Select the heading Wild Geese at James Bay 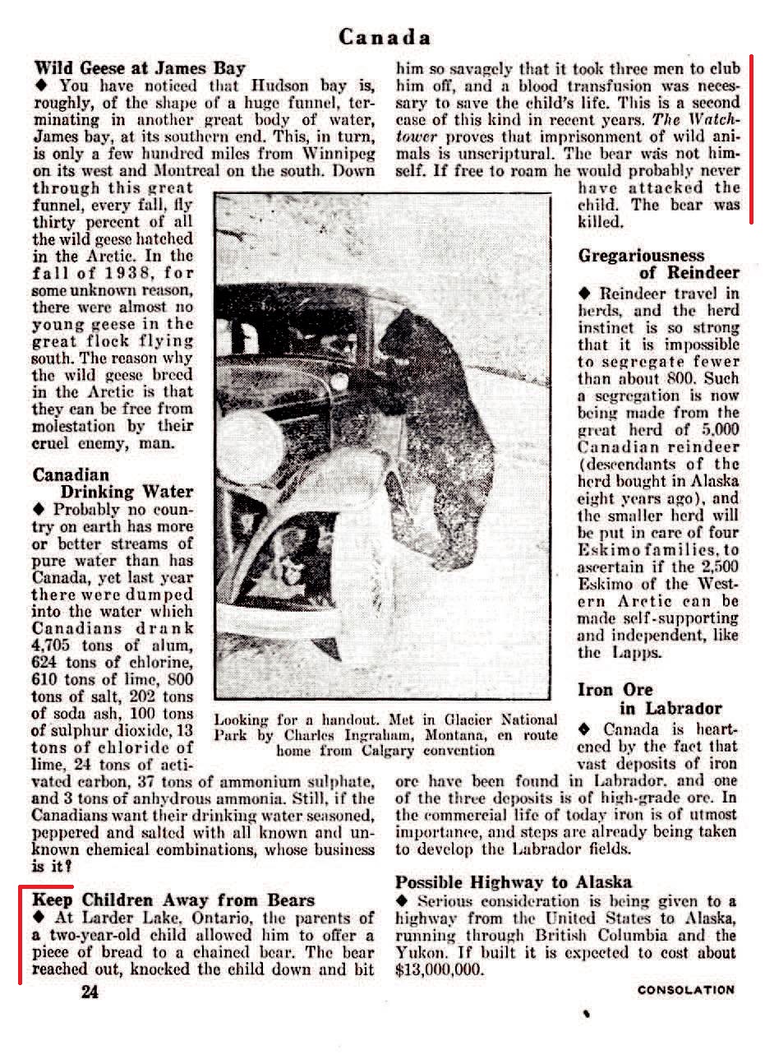tap(140, 68)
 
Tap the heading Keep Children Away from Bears tap(174, 900)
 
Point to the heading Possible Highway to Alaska tap(514, 882)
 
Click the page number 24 tap(90, 992)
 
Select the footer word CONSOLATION tap(686, 990)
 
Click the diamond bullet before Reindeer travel tap(585, 294)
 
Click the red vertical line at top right tap(751, 140)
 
